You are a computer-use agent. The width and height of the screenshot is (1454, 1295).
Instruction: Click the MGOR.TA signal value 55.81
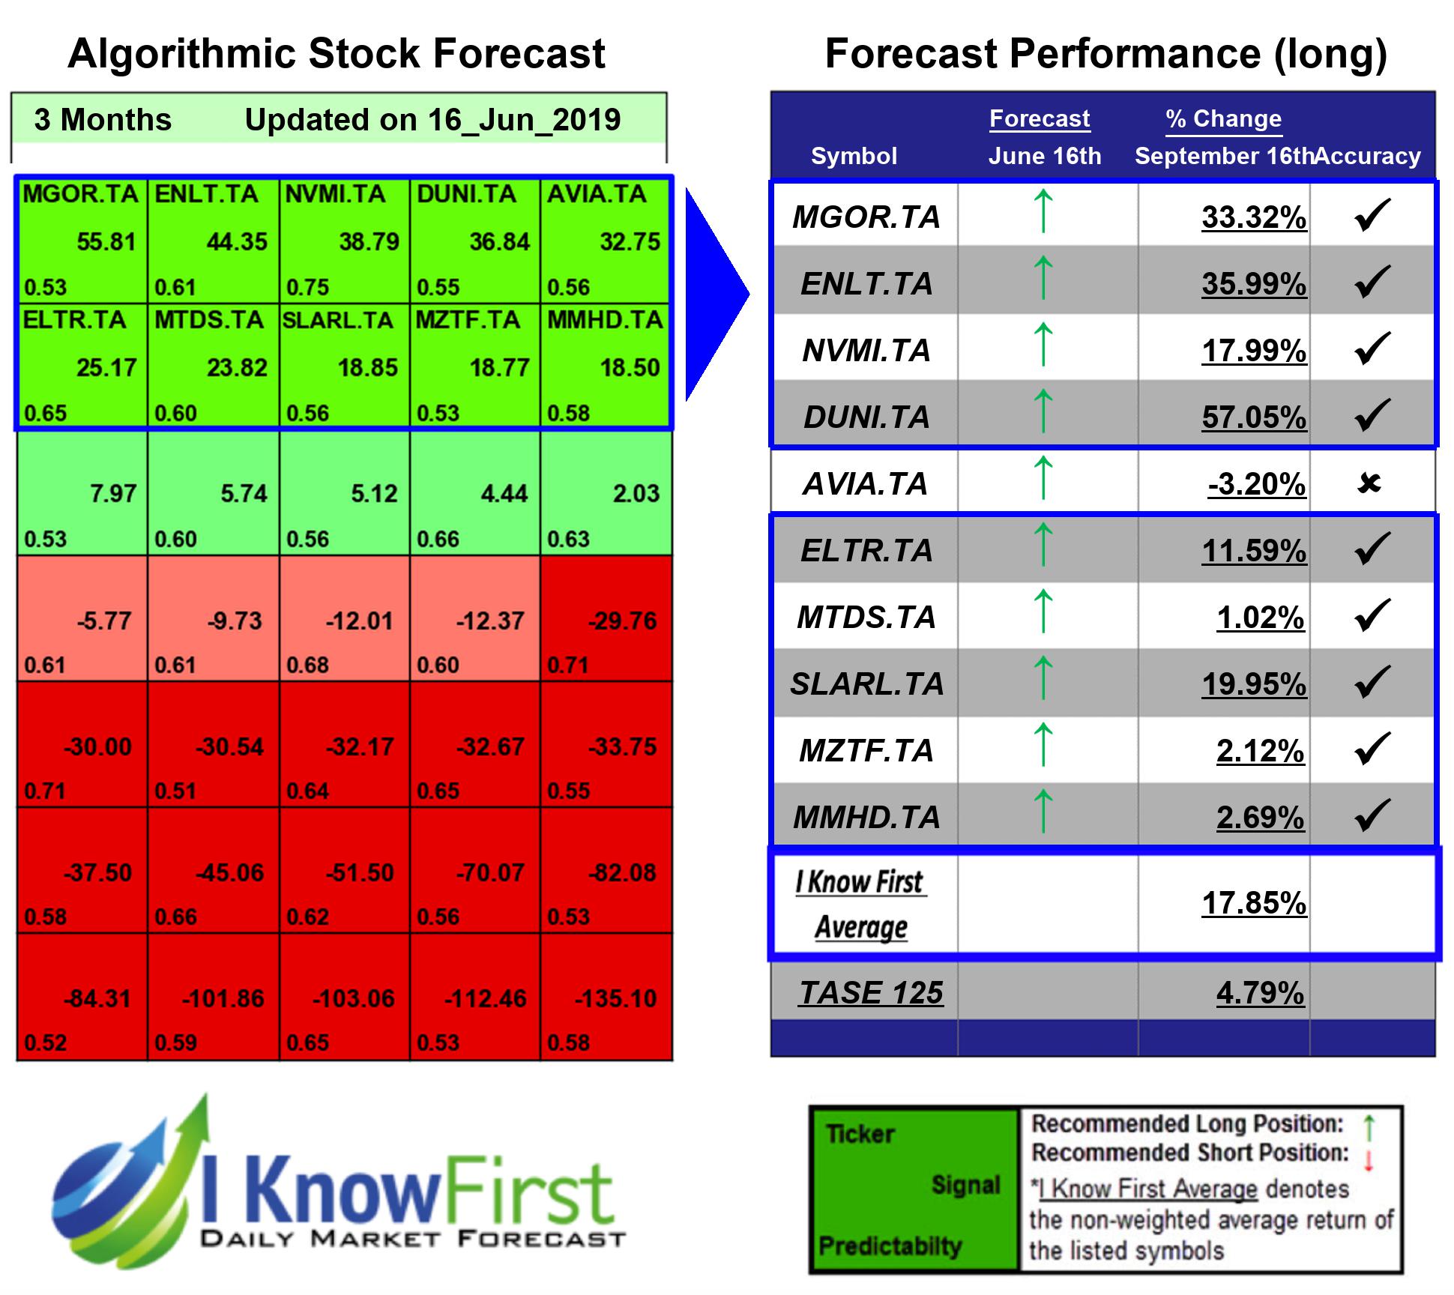click(106, 242)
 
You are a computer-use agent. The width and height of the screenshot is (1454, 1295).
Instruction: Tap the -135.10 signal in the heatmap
click(615, 999)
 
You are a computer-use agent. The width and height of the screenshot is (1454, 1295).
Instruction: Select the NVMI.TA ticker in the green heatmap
click(335, 194)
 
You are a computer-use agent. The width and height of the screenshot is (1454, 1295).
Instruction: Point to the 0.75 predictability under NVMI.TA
click(307, 288)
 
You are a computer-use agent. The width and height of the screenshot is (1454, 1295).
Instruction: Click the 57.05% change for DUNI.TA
click(1254, 417)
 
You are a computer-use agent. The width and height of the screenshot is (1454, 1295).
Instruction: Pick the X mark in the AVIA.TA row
click(1369, 484)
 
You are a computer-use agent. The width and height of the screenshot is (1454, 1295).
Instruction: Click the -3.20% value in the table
click(1257, 484)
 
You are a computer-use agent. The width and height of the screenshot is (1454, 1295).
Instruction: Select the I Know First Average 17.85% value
click(1254, 903)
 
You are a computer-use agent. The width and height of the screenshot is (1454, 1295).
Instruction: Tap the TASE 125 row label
click(870, 993)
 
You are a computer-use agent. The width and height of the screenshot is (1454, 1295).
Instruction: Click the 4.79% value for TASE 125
click(1260, 993)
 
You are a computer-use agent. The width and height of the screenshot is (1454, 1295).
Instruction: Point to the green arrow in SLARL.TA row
click(1043, 677)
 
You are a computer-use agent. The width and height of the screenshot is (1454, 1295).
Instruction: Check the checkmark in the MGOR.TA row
click(1372, 215)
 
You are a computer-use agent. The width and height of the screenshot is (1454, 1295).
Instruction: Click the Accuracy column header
click(1369, 156)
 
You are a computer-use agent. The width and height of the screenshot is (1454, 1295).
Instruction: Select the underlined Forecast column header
click(1039, 118)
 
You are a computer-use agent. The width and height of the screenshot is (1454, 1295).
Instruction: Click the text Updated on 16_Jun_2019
click(432, 120)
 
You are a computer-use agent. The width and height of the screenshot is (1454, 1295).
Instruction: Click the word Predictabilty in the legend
click(890, 1246)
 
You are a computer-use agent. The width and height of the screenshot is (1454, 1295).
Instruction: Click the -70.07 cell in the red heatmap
click(490, 873)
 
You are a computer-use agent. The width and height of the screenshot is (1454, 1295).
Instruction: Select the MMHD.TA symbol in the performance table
click(866, 818)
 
